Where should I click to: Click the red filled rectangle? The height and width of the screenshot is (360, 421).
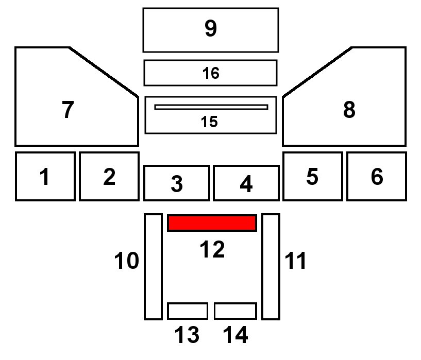212,223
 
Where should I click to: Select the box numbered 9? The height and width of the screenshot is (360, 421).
210,30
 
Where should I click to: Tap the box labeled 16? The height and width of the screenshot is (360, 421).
210,73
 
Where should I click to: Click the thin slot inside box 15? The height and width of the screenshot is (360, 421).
211,107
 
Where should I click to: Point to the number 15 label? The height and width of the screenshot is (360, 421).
210,122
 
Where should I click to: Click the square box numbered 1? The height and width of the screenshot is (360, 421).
45,176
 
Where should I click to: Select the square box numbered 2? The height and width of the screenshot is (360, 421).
109,176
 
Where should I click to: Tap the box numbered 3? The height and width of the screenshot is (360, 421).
176,183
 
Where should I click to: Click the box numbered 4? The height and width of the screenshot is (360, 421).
246,183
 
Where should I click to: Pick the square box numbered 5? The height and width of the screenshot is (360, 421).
312,176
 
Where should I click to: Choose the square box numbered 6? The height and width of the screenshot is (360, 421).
377,176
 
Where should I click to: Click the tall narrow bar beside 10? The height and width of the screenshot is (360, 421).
153,266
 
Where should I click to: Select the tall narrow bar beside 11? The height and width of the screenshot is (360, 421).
271,266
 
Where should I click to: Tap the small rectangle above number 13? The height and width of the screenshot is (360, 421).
188,311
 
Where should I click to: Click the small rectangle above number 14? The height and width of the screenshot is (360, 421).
235,311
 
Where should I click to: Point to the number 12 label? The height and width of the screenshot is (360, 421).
212,250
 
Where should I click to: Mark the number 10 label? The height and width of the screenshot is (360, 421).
126,261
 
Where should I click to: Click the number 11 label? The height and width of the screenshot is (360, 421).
296,261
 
